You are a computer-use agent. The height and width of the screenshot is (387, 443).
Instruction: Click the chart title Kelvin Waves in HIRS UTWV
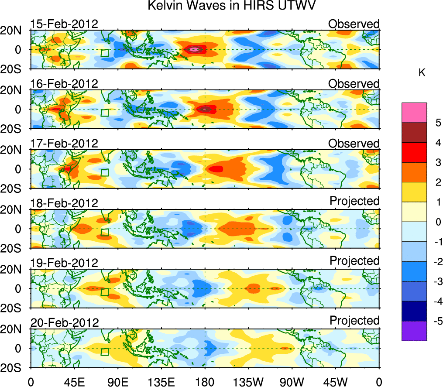pyautogui.click(x=231, y=6)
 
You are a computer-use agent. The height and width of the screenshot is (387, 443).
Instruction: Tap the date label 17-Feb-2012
pyautogui.click(x=64, y=144)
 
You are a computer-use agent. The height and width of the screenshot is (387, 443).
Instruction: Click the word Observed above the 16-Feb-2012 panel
pyautogui.click(x=354, y=83)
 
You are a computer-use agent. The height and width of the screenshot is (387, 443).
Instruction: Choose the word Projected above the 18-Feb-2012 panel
pyautogui.click(x=354, y=201)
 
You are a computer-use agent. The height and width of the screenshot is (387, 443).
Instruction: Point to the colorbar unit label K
pyautogui.click(x=422, y=73)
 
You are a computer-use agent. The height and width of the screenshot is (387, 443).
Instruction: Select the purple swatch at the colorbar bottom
pyautogui.click(x=414, y=331)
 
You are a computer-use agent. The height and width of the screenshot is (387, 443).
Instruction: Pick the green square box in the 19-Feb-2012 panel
pyautogui.click(x=105, y=292)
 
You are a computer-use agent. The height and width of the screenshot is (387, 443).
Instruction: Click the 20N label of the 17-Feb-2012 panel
pyautogui.click(x=16, y=149)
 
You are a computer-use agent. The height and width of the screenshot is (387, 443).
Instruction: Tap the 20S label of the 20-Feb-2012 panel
pyautogui.click(x=16, y=367)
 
